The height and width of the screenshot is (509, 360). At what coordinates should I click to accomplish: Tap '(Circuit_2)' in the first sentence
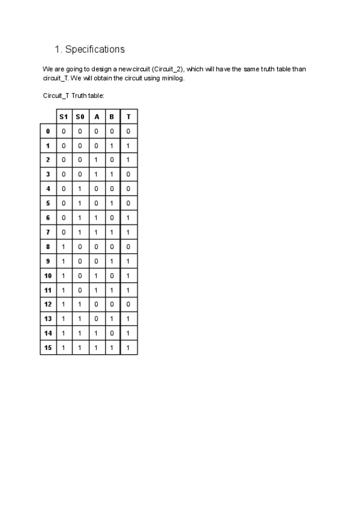point(165,70)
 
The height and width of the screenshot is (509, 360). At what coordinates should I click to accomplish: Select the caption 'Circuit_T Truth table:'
point(74,95)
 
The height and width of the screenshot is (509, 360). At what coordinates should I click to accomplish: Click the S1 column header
point(64,116)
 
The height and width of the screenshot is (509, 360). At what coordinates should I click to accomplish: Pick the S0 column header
point(80,116)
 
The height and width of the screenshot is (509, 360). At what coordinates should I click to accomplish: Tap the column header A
point(96,116)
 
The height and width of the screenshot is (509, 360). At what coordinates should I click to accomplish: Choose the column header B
point(112,116)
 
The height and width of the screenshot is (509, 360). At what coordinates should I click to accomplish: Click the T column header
point(128,116)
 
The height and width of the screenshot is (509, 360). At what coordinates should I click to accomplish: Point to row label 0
point(48,131)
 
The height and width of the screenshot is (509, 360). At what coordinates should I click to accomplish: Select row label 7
point(48,232)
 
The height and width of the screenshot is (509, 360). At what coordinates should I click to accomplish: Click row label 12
point(48,304)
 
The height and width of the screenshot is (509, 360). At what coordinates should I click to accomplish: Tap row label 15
point(48,347)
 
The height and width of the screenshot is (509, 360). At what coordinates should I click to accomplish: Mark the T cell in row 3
point(128,174)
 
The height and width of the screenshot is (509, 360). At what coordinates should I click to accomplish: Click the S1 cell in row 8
point(64,246)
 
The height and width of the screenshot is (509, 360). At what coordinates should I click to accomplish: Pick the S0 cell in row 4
point(80,188)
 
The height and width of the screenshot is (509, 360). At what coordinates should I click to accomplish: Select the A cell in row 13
point(96,318)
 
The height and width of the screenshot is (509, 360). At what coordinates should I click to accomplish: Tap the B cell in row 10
point(112,275)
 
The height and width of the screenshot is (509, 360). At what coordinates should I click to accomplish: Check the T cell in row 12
point(128,304)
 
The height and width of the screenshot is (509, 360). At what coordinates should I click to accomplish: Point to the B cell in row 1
point(112,145)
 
